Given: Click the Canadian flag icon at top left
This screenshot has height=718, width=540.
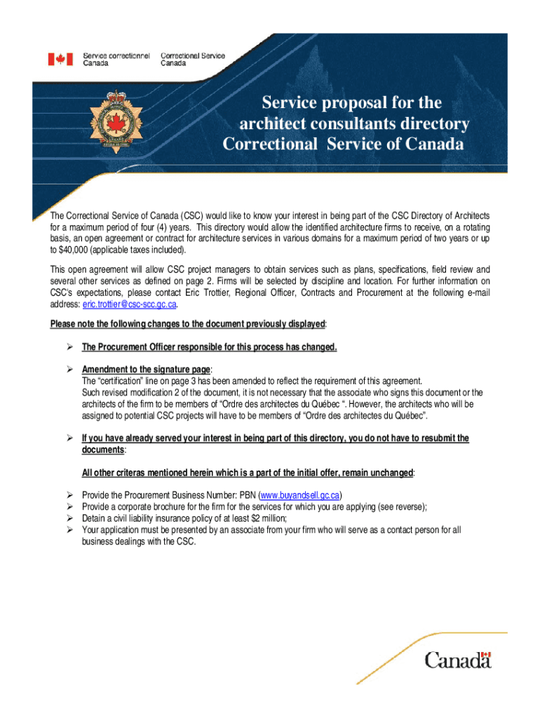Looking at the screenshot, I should pos(60,59).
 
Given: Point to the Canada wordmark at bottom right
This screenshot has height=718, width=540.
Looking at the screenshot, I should pos(457,660).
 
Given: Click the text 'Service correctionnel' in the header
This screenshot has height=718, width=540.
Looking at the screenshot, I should pos(116,55).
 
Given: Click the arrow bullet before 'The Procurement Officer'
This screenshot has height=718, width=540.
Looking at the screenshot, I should pos(69,347).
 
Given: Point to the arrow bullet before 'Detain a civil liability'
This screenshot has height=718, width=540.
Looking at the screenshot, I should pos(69,519).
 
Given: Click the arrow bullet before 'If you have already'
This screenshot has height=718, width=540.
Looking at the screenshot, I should pos(69,438).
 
